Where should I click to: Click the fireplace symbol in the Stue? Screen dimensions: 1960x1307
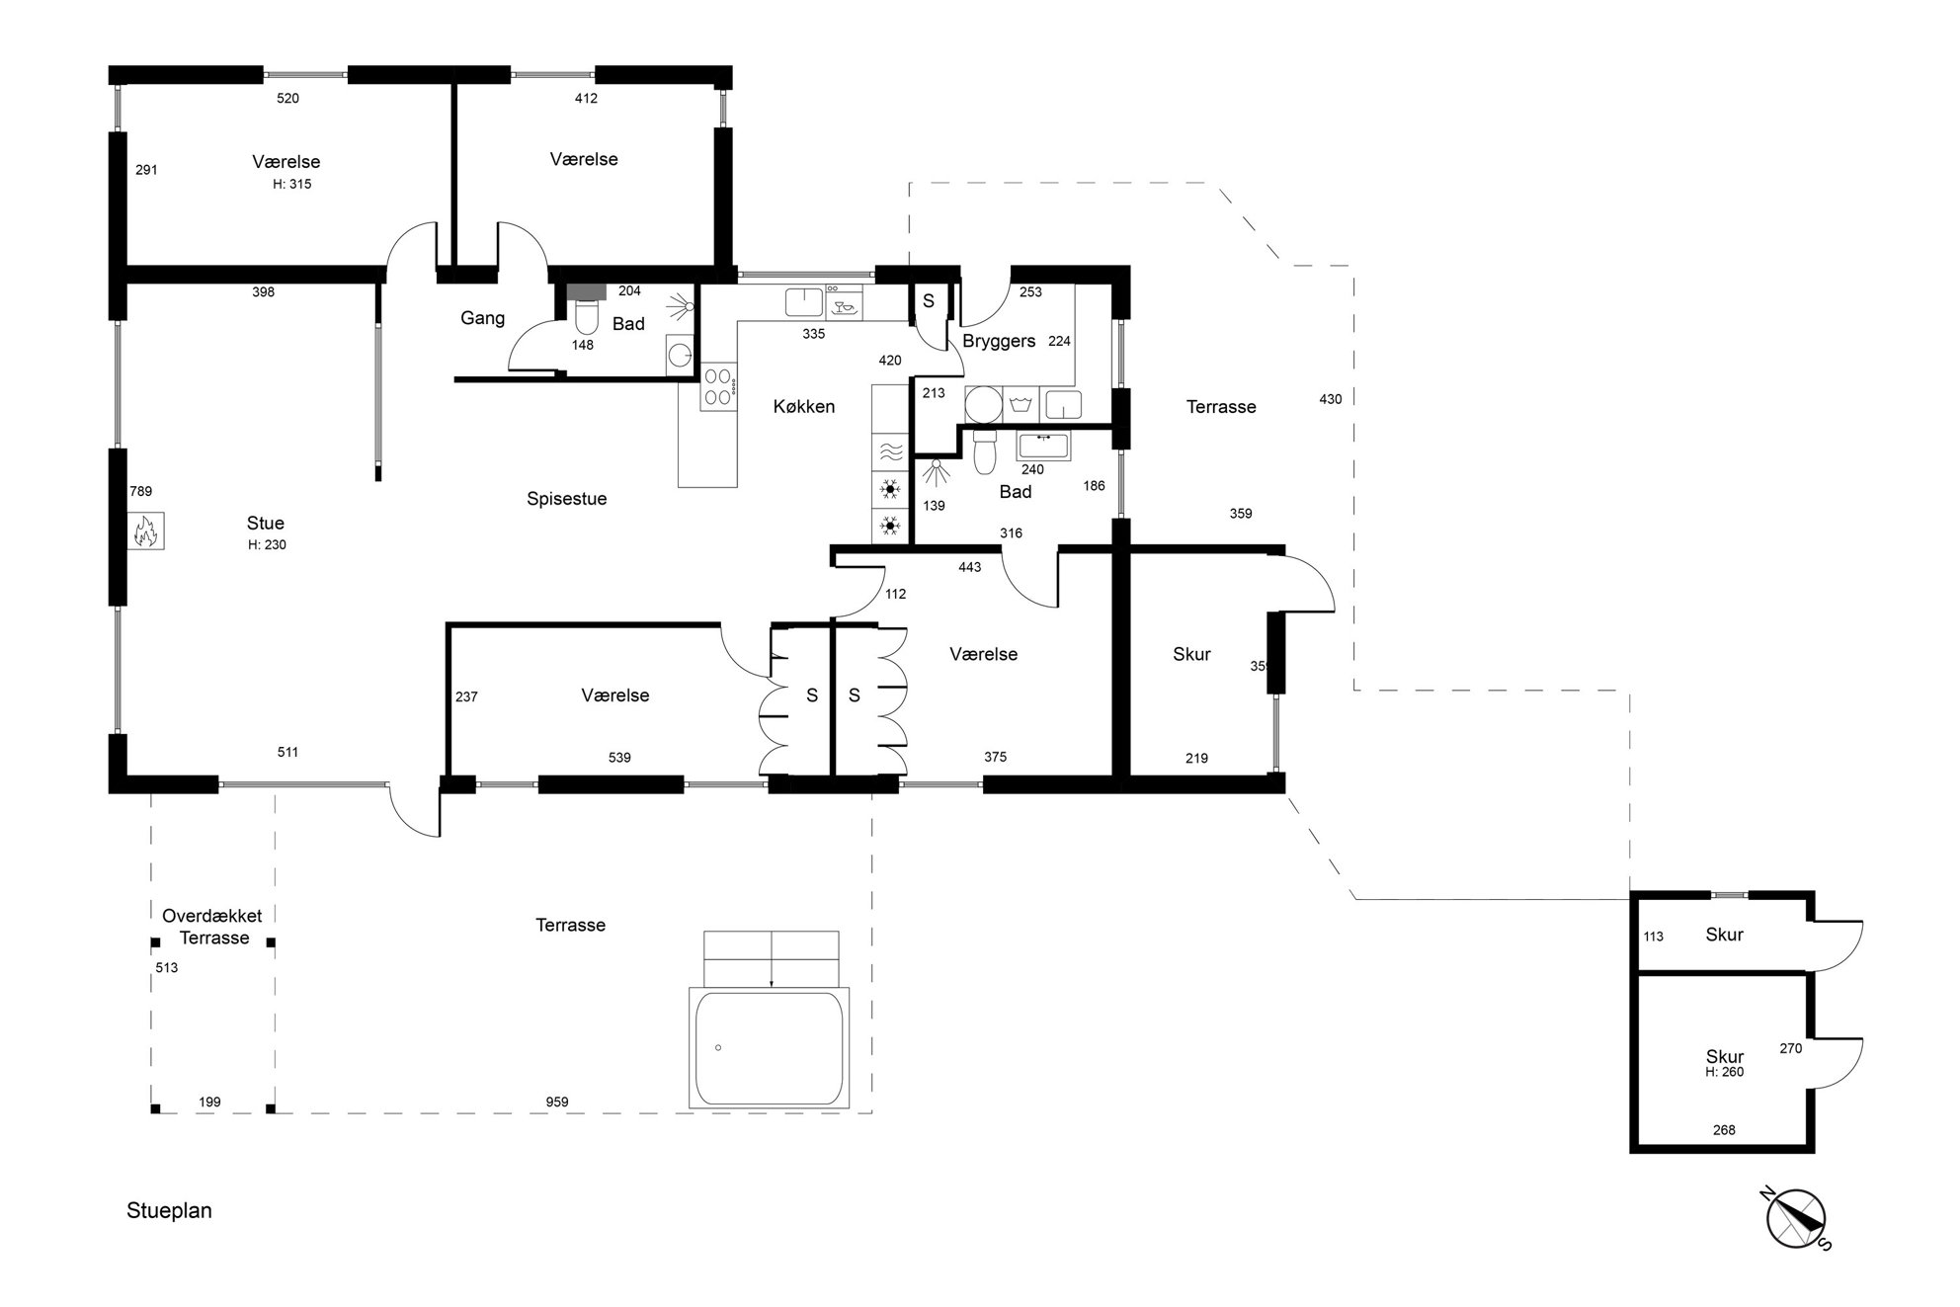coord(145,531)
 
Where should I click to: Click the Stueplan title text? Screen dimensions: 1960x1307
coord(169,1211)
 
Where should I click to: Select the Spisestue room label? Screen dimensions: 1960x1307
coord(566,499)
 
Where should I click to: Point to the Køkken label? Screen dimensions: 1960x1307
coord(804,406)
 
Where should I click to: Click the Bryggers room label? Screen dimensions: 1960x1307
coord(999,342)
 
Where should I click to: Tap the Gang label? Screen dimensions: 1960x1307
coord(482,318)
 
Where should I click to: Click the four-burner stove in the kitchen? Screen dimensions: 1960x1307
coord(718,387)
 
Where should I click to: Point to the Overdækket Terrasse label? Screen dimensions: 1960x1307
coord(212,927)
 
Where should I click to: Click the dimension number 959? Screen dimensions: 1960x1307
coord(557,1102)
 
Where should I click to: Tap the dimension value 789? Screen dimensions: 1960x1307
coord(140,491)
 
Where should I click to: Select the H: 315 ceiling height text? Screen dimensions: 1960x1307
coord(292,184)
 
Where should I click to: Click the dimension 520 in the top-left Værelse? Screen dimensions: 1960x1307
coord(287,98)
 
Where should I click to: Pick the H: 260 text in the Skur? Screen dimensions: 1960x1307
coord(1725,1072)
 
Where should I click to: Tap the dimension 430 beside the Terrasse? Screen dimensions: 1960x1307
coord(1331,399)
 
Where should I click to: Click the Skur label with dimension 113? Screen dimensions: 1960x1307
coord(1724,935)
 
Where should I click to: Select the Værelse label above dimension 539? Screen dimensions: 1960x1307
coord(615,695)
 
